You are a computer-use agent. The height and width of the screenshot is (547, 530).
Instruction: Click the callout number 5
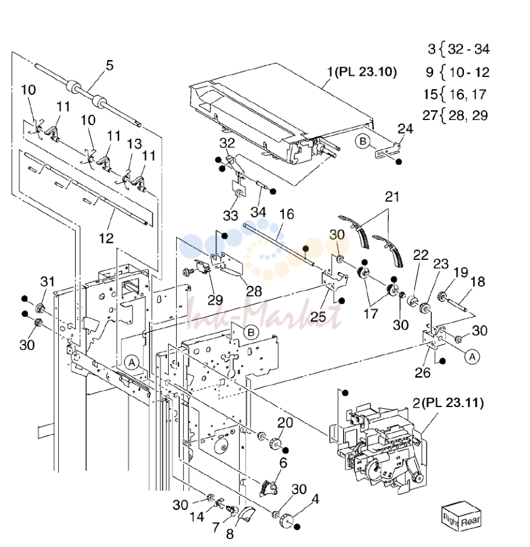click(x=110, y=65)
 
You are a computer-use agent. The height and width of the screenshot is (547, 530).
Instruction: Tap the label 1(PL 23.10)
click(x=362, y=72)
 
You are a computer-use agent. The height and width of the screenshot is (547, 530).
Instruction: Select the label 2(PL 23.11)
click(x=448, y=403)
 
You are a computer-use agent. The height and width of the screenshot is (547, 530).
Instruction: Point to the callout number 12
click(x=106, y=239)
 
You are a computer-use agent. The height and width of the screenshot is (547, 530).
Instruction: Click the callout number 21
click(x=392, y=197)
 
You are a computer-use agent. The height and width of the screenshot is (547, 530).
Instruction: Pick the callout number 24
click(x=405, y=129)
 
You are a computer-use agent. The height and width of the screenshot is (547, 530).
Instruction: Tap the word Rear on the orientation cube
click(x=471, y=522)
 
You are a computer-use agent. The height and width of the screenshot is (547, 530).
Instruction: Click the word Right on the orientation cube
click(x=450, y=520)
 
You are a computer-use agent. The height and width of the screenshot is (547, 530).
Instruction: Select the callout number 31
click(x=48, y=281)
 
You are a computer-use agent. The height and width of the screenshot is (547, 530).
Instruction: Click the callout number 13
click(x=134, y=144)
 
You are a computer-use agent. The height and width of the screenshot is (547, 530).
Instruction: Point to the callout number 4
click(x=315, y=499)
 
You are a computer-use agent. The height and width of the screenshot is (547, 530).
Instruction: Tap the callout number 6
click(x=283, y=463)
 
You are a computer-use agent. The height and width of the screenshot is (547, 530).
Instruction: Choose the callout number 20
click(x=285, y=423)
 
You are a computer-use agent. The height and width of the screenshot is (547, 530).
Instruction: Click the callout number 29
click(x=215, y=300)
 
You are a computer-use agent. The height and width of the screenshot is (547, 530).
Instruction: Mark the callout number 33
click(x=231, y=216)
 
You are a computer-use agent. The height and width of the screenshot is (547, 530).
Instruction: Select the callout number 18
click(x=478, y=282)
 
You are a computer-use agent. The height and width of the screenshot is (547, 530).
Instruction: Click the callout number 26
click(x=423, y=373)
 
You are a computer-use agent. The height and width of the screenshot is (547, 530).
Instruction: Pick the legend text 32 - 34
click(x=469, y=49)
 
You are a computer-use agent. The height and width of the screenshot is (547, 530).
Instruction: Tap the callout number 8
click(x=230, y=534)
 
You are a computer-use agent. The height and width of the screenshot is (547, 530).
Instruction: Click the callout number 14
click(x=197, y=517)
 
